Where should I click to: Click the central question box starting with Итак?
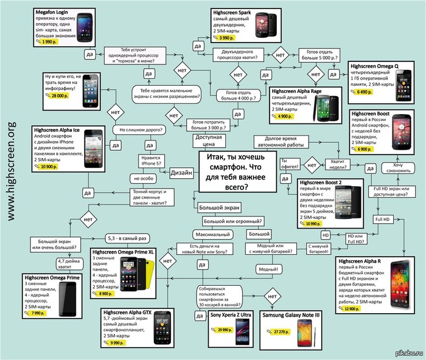(233, 172)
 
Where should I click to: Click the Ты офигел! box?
(288, 160)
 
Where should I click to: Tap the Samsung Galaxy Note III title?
(291, 315)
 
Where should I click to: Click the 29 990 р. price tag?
(222, 329)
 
